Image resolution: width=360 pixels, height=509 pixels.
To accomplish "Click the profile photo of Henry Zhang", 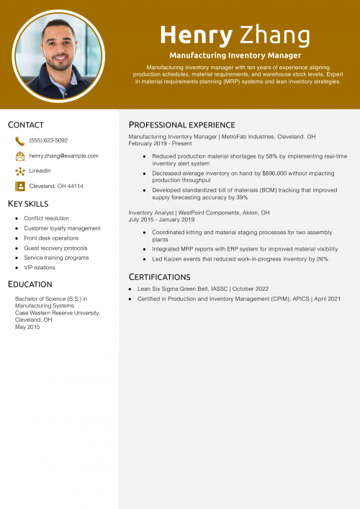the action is coord(59,55).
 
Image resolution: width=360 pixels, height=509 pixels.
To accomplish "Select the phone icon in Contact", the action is coord(20,141).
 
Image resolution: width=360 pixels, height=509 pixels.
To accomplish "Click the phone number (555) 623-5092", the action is coord(48,140).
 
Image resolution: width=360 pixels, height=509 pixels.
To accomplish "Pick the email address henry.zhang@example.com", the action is coord(63,156).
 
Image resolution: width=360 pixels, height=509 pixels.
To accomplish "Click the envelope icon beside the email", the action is coord(20,156).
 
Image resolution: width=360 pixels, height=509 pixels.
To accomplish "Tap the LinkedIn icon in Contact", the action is coord(20,171).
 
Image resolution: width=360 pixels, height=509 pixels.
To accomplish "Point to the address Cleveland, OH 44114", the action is coord(56,186).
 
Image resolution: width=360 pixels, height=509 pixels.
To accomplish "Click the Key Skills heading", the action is coord(28,204).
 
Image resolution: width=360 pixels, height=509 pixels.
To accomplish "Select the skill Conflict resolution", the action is coord(46,218).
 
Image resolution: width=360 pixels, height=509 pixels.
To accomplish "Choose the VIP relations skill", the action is coord(40,267).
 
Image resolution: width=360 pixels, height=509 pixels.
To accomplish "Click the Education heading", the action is coord(30,284).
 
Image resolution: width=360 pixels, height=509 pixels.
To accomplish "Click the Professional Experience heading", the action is coord(181,125).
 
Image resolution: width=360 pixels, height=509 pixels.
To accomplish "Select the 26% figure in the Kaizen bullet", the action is coord(322,258).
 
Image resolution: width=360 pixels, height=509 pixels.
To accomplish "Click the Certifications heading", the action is coord(159,276).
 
